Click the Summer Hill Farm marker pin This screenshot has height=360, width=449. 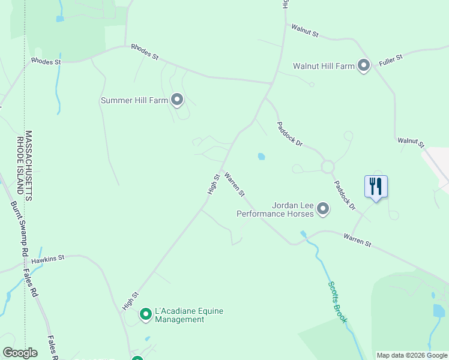(176, 100)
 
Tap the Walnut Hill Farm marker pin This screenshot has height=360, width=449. (363, 65)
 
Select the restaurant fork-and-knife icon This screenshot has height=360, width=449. (376, 187)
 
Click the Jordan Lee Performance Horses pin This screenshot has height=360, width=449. (323, 209)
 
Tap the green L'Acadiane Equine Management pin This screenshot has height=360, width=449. (145, 314)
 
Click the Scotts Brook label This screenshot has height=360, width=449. (337, 302)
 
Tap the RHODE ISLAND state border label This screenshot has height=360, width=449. (20, 166)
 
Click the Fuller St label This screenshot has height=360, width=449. (390, 60)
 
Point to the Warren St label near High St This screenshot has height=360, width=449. (235, 184)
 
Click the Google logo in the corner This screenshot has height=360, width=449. (20, 353)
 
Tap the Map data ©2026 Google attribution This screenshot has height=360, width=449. (412, 355)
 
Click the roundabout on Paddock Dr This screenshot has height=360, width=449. (328, 166)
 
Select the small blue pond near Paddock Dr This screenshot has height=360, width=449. (261, 157)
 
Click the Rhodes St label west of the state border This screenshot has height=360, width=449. (46, 61)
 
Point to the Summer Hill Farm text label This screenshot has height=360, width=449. (134, 100)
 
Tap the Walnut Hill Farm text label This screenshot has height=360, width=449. (324, 66)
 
